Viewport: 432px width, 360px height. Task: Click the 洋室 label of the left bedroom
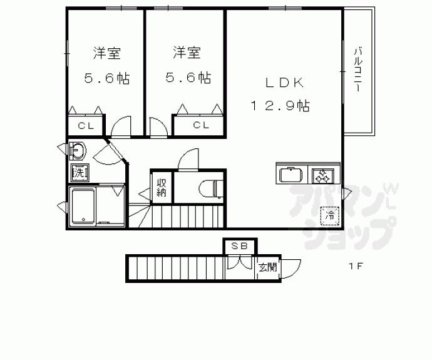[x=107, y=54]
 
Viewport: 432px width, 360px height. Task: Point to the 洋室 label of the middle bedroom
[x=187, y=54]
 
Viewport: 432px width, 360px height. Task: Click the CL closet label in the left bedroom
[x=86, y=126]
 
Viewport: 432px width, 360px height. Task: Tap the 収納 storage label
[x=161, y=187]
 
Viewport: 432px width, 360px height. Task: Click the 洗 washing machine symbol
[x=79, y=172]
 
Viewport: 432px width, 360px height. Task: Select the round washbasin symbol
[x=78, y=151]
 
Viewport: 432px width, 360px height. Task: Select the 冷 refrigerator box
[x=329, y=216]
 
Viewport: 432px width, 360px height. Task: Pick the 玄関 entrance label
[x=267, y=267]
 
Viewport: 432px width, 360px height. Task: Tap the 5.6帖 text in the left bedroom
[x=107, y=78]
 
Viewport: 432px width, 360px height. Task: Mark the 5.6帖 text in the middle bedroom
[x=187, y=78]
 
